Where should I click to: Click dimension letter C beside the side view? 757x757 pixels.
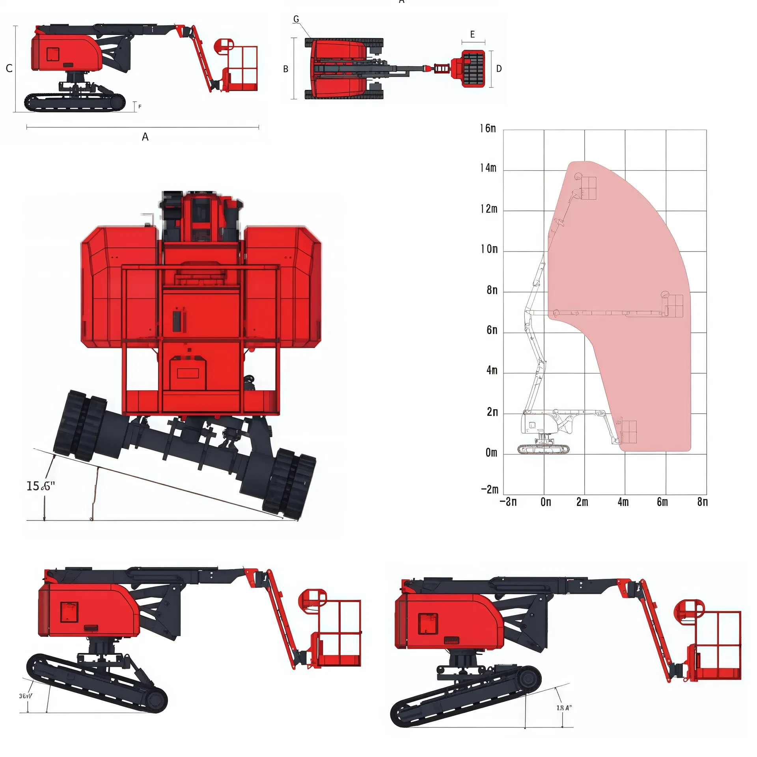(9, 69)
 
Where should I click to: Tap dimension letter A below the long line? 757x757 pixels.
(145, 137)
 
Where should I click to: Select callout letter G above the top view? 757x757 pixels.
(296, 19)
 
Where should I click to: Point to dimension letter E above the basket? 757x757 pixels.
(473, 35)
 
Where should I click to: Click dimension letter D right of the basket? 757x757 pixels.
(499, 69)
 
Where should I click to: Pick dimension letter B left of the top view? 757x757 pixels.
(286, 69)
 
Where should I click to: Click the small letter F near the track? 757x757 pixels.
(140, 107)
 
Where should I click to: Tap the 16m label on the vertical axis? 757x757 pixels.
(488, 129)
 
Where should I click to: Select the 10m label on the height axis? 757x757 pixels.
(489, 249)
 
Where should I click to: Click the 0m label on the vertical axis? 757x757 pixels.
(491, 453)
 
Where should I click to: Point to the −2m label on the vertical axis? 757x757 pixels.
(490, 490)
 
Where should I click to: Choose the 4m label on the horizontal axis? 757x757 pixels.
(623, 502)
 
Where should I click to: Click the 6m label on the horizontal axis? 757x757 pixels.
(662, 502)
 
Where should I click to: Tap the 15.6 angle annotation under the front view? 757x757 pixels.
(40, 486)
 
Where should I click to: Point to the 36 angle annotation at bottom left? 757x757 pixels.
(26, 696)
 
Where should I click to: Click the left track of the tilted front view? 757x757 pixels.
(81, 426)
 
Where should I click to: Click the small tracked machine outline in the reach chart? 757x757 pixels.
(543, 449)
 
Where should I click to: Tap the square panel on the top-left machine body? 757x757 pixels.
(53, 54)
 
